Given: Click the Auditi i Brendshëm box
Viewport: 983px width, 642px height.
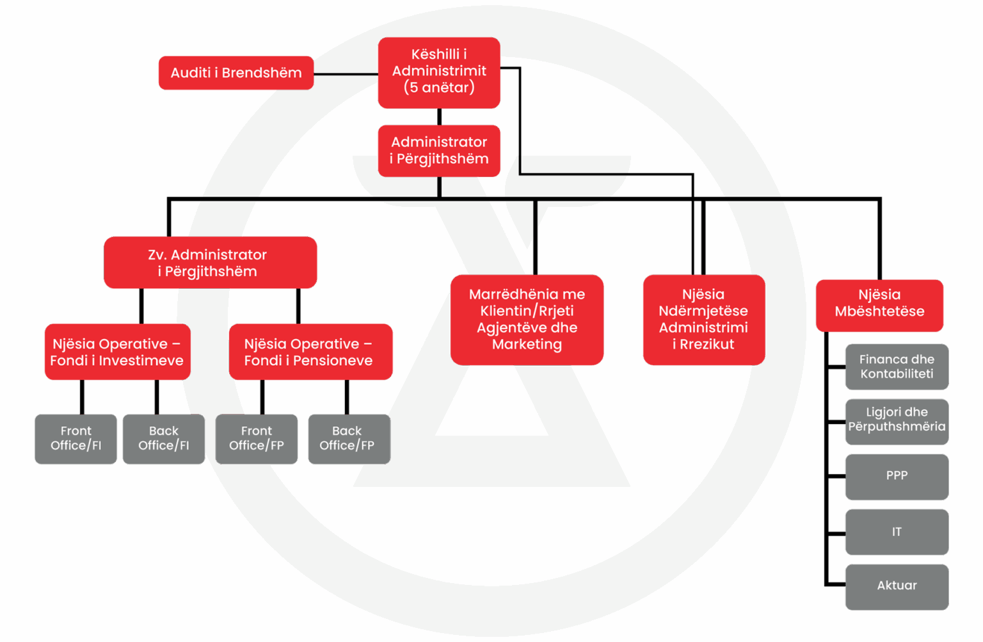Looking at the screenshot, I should point(236,73).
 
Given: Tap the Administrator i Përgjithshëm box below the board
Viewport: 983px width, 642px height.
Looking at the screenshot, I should point(439,151).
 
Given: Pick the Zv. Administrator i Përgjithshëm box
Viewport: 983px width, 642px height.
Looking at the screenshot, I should point(210,263).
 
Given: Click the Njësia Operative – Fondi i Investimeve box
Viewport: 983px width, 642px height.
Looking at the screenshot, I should point(117,352).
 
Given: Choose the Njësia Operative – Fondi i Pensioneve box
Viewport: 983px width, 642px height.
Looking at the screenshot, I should point(310,352).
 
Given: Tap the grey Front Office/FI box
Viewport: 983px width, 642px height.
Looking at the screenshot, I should point(76,439).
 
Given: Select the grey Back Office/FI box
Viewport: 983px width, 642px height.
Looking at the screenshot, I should point(164,439).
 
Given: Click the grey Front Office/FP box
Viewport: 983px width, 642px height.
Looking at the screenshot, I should point(256,439).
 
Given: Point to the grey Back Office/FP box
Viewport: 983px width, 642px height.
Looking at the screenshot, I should point(349,439).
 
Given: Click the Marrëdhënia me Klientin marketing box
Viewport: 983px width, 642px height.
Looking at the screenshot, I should point(527,320).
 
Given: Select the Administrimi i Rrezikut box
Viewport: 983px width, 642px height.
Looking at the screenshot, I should point(703,320).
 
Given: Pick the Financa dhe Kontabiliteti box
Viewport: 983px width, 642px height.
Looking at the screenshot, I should point(897,367).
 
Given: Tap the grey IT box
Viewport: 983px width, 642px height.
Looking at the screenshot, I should point(897,532).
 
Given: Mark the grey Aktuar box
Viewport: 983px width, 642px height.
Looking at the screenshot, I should point(897,586).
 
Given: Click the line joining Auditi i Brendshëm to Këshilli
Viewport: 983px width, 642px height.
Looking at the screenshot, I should point(346,74).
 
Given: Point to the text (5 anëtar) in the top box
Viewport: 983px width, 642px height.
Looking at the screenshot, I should point(439,88).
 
